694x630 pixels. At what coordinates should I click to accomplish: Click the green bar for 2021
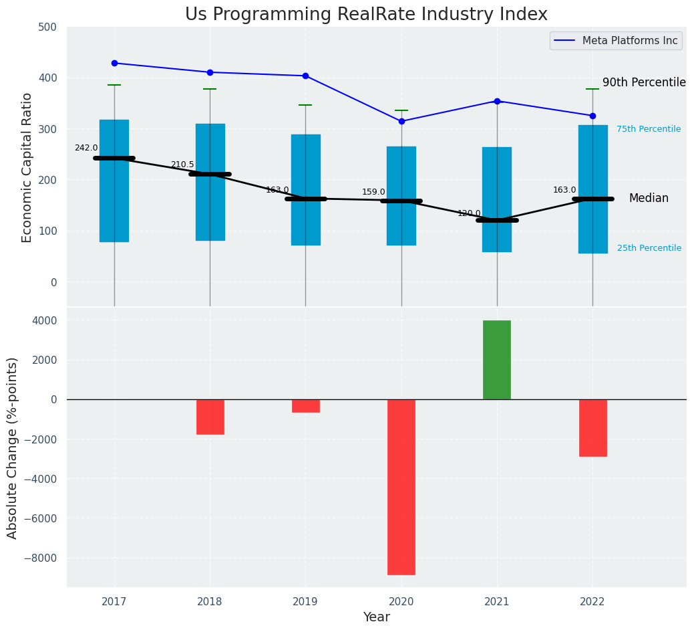click(497, 360)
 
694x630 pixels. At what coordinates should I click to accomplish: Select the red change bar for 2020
click(401, 487)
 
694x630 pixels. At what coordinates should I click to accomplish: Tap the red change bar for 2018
click(210, 417)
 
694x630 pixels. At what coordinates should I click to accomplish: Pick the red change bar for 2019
click(306, 406)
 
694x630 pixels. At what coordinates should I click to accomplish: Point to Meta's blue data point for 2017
click(114, 63)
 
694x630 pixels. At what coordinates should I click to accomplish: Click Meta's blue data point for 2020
click(401, 121)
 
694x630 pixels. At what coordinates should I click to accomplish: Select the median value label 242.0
click(86, 148)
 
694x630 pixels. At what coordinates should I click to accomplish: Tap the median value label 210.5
click(182, 165)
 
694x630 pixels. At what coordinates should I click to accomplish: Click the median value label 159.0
click(373, 192)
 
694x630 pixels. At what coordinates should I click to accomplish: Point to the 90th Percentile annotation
click(644, 82)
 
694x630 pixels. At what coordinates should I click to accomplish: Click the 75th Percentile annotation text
click(649, 129)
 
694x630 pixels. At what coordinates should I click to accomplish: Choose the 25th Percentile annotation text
click(649, 248)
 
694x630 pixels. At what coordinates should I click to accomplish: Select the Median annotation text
click(649, 199)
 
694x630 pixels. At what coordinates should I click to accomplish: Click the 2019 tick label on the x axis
click(306, 602)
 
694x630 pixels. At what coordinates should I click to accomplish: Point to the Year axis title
click(377, 617)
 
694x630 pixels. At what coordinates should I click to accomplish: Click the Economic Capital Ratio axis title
click(27, 167)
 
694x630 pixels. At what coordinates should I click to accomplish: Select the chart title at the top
click(366, 15)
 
